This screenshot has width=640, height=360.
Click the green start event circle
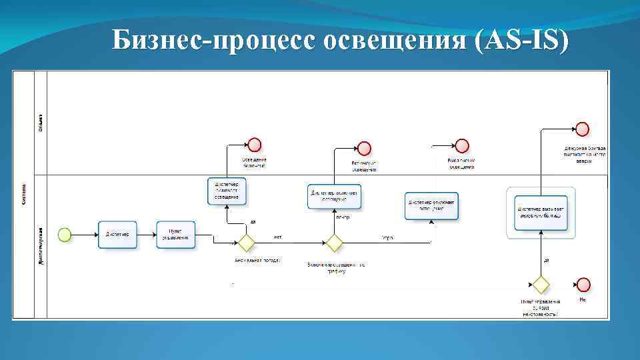point(64,234)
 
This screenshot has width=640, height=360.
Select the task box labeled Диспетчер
point(117,234)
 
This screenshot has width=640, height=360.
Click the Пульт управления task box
point(177,234)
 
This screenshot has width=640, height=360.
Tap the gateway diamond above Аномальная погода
point(247,242)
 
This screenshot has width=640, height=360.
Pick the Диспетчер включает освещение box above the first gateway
point(227,190)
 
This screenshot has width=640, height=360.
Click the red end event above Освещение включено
point(254,145)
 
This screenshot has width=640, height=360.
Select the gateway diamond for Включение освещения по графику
point(333,242)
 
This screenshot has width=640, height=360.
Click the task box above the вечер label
point(334,196)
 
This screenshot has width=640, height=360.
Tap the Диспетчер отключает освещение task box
point(432,205)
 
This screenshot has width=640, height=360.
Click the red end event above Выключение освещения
point(462,146)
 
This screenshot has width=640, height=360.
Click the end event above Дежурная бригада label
point(582,129)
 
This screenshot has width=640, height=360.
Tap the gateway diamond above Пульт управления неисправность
point(541,285)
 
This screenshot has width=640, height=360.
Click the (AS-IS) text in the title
point(520,41)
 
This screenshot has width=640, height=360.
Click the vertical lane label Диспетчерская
point(41,247)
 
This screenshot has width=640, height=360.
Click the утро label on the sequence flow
point(387,237)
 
